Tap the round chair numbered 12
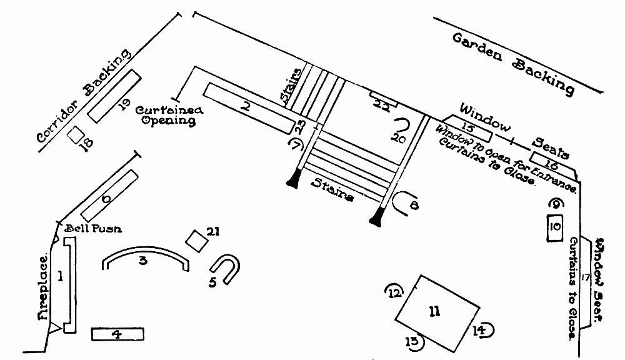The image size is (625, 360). tap(394, 292)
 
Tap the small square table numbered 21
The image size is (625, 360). tap(197, 240)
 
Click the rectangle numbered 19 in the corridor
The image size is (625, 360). tap(114, 95)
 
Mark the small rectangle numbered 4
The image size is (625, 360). tap(117, 334)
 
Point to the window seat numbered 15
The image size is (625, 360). tap(469, 129)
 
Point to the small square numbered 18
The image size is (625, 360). tap(76, 134)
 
